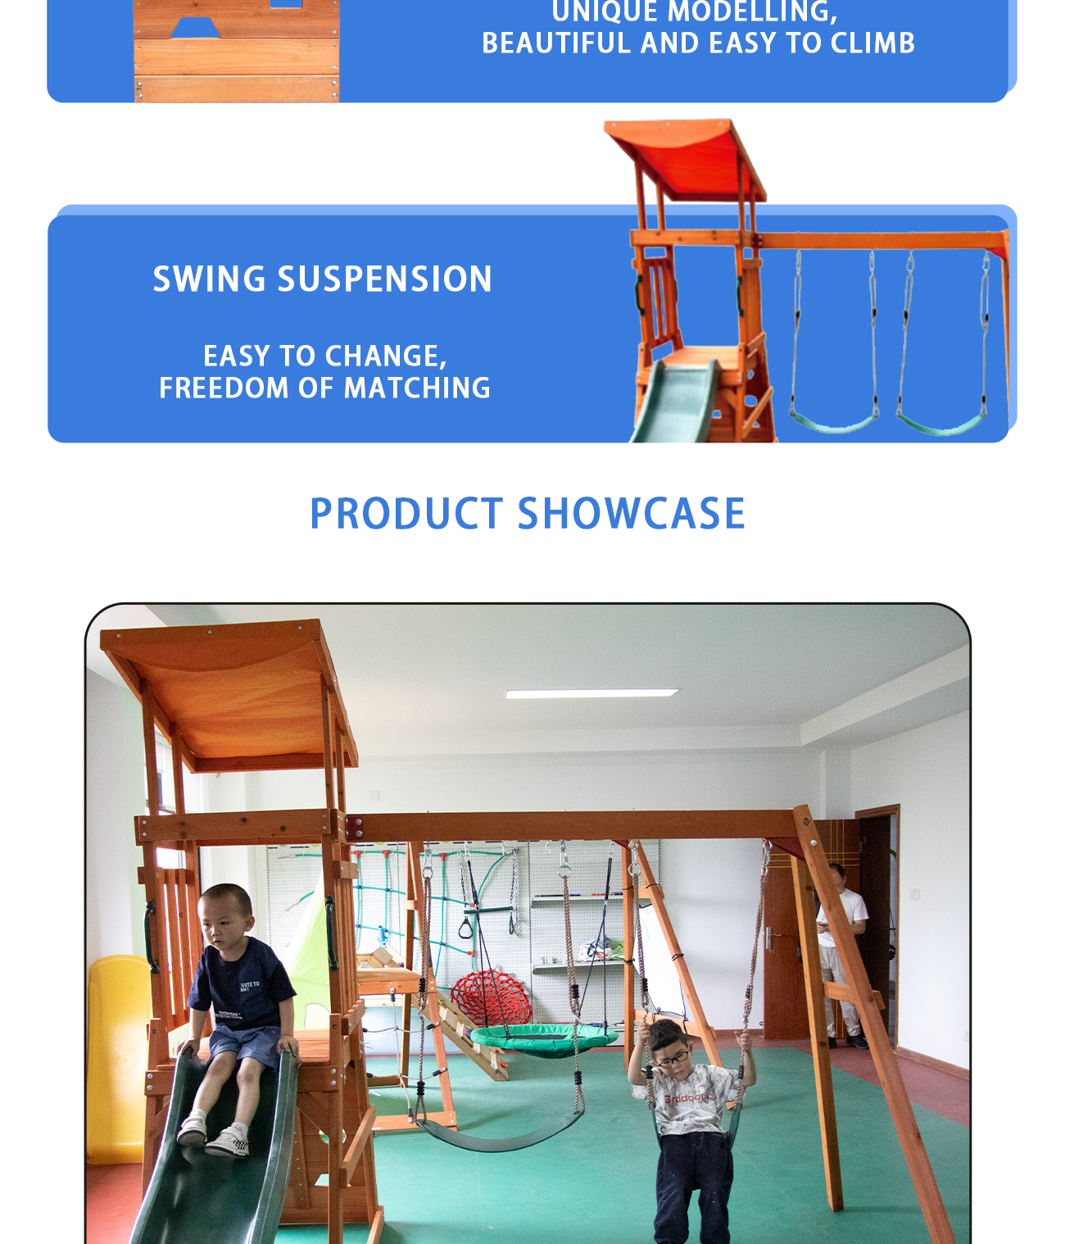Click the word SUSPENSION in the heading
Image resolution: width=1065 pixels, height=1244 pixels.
[x=384, y=279]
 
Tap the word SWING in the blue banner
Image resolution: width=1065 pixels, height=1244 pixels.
[x=210, y=279]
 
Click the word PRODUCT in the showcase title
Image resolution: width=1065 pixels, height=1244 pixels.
[x=406, y=513]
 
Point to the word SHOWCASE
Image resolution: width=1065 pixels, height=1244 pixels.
[x=631, y=513]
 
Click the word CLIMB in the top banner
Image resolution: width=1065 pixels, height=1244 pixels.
[x=872, y=43]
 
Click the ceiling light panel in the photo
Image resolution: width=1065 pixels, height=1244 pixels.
[x=591, y=693]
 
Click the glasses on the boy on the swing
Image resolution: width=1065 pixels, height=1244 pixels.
[x=673, y=1058]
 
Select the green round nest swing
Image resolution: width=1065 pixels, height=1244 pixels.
[x=543, y=1040]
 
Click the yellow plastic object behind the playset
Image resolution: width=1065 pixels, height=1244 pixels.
[x=118, y=1060]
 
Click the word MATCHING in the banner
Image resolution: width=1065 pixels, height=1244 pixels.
[x=417, y=388]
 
